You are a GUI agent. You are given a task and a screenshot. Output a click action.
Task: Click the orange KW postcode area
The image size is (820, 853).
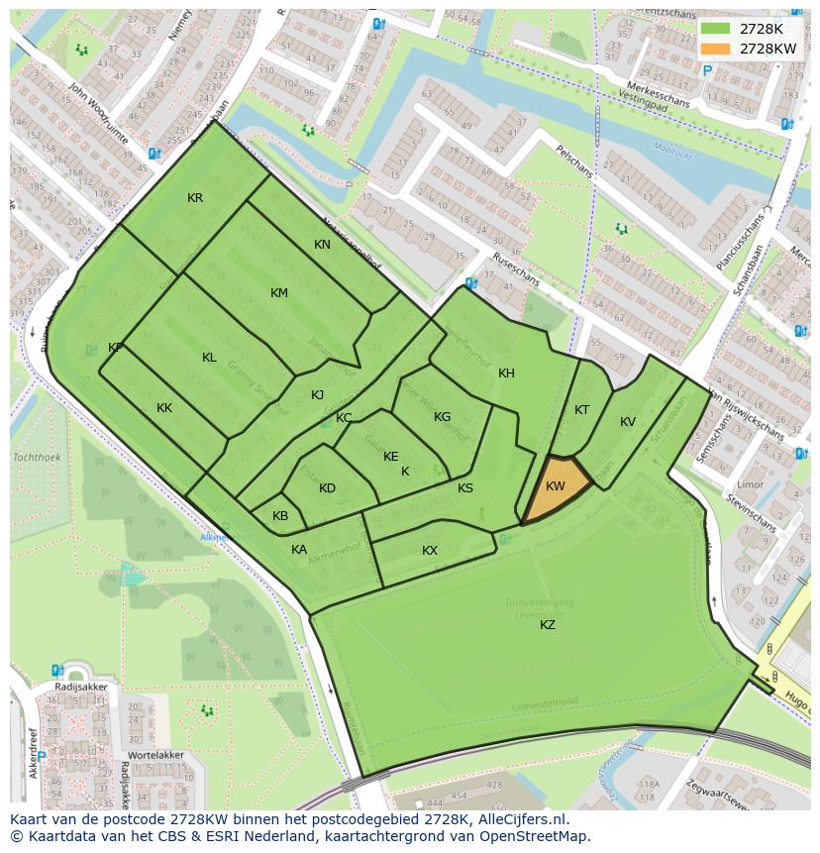[x=555, y=486]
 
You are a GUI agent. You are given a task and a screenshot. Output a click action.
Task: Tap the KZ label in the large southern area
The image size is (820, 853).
[x=548, y=624]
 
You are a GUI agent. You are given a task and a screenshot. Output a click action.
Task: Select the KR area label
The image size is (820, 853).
[x=195, y=198]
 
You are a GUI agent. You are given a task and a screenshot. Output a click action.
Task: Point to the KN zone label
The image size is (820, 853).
[x=322, y=245]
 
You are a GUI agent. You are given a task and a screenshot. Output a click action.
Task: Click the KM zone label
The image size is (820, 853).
[x=279, y=293]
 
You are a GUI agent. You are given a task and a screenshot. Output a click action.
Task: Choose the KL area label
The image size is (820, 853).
[x=209, y=358]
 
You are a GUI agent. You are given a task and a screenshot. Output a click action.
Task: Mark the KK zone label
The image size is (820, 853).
[x=164, y=408]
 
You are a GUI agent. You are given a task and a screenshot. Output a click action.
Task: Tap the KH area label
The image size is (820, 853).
[x=506, y=373]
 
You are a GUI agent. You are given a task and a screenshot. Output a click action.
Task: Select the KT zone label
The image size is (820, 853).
[x=582, y=410]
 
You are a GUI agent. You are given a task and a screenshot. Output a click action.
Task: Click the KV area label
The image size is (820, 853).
[x=628, y=422]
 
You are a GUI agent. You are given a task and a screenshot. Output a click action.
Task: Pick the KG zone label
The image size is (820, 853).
[x=442, y=417]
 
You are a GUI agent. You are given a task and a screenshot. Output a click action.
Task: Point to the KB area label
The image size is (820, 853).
[x=280, y=516]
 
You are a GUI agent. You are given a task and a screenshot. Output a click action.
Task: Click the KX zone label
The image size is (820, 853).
[x=430, y=551]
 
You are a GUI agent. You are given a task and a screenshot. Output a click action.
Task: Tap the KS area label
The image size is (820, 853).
[x=465, y=488]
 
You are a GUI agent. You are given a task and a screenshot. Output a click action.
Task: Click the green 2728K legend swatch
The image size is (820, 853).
[x=714, y=29]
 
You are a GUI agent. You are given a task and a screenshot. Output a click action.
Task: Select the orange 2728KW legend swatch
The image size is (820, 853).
[x=714, y=49]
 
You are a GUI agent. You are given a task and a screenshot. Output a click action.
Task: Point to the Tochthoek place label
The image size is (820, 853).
[x=37, y=458]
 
